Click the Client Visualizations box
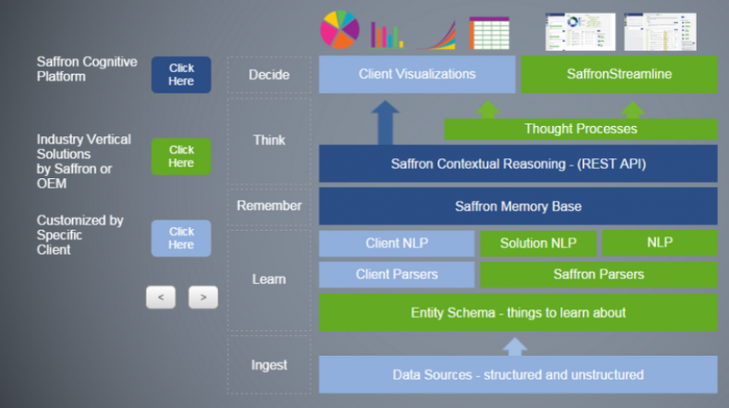point(416,74)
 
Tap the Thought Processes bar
point(580,129)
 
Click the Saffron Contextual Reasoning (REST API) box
point(517,163)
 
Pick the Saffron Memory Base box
point(517,206)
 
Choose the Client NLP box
point(396,243)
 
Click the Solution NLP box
point(537,243)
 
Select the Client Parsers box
point(396,274)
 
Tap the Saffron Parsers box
point(598,274)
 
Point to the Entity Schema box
point(517,312)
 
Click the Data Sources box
point(517,375)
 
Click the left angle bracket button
point(161,297)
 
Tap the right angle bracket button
point(203,297)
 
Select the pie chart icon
point(340,29)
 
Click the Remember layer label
point(269,206)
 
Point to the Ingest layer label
point(269,365)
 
